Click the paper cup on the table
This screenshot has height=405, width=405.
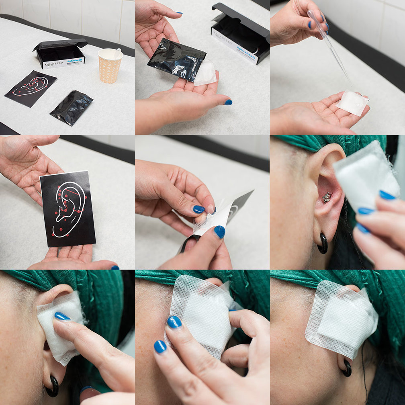pos(109,66)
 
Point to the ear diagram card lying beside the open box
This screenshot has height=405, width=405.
pos(31,88)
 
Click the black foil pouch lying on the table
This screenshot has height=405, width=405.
pos(72,108)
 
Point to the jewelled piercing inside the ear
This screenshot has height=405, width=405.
pos(327,197)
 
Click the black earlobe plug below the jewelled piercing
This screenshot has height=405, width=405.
pos(323,243)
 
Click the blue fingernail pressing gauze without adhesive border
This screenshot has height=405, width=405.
pos(62,316)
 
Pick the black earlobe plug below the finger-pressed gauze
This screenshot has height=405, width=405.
pos(52,386)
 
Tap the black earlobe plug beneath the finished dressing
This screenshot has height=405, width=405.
pos(346,367)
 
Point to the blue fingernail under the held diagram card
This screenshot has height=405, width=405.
pos(115,267)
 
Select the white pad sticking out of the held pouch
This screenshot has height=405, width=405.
pos(205,73)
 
